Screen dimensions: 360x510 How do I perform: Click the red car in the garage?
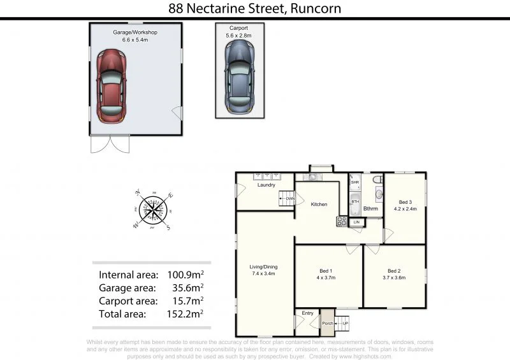112,87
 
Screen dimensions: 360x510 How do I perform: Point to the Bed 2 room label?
394,270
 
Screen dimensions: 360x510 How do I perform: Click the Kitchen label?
319,205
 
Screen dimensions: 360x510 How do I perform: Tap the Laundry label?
266,185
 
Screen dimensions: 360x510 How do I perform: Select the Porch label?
327,323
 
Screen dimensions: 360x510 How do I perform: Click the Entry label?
307,313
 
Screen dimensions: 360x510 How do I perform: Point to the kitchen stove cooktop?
342,222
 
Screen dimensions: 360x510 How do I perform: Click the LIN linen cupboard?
356,222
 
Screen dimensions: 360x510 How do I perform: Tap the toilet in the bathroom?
377,179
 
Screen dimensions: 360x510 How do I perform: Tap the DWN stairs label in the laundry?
289,199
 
